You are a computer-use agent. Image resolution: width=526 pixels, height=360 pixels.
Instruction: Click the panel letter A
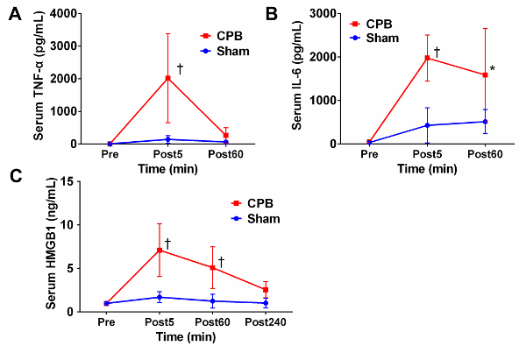[15, 14]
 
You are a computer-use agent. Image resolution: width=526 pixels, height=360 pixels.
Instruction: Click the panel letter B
[273, 14]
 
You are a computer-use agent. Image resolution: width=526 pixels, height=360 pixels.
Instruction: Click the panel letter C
[15, 176]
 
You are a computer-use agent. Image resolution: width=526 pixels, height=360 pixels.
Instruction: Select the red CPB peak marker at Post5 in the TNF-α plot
[167, 78]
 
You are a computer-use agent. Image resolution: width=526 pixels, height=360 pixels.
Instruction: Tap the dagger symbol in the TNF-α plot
[179, 68]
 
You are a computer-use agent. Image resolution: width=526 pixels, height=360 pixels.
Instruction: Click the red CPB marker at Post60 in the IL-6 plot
[484, 75]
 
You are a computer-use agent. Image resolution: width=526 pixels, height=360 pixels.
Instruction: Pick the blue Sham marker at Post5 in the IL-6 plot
[427, 125]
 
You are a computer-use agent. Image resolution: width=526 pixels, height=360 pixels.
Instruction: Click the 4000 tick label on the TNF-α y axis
[82, 14]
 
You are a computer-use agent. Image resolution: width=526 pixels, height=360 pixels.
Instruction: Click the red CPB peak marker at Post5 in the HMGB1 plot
[159, 250]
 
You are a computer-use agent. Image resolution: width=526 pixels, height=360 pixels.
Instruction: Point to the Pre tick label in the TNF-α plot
[110, 154]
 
